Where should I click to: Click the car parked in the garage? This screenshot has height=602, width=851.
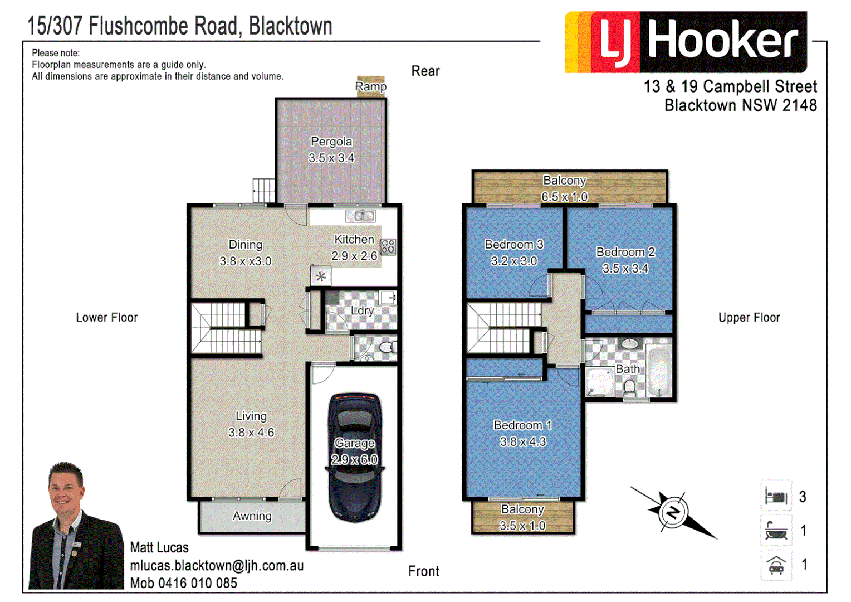tap(355, 457)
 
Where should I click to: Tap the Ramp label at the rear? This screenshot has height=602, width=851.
tap(370, 86)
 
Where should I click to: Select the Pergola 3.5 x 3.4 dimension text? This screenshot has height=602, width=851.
tap(331, 158)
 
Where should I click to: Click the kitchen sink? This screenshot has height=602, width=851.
tap(361, 216)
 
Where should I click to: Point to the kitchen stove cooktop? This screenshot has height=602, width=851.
tap(388, 246)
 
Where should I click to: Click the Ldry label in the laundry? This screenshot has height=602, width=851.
tap(362, 311)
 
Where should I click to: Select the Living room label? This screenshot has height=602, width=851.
tap(251, 416)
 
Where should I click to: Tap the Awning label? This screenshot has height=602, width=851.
tap(252, 516)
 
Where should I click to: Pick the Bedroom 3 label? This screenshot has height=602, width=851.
tap(513, 245)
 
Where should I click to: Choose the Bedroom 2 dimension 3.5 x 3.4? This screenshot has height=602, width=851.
tap(625, 269)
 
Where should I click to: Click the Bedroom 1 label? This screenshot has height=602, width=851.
tap(522, 425)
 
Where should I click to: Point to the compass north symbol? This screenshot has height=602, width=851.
tap(673, 512)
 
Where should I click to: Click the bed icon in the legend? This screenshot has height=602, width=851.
tap(776, 496)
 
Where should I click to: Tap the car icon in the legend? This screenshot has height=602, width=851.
tap(776, 565)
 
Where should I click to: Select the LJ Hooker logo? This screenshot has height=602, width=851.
tap(686, 42)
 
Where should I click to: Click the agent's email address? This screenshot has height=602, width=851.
tap(217, 566)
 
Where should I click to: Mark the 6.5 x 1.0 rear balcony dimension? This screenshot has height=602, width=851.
tap(564, 197)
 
